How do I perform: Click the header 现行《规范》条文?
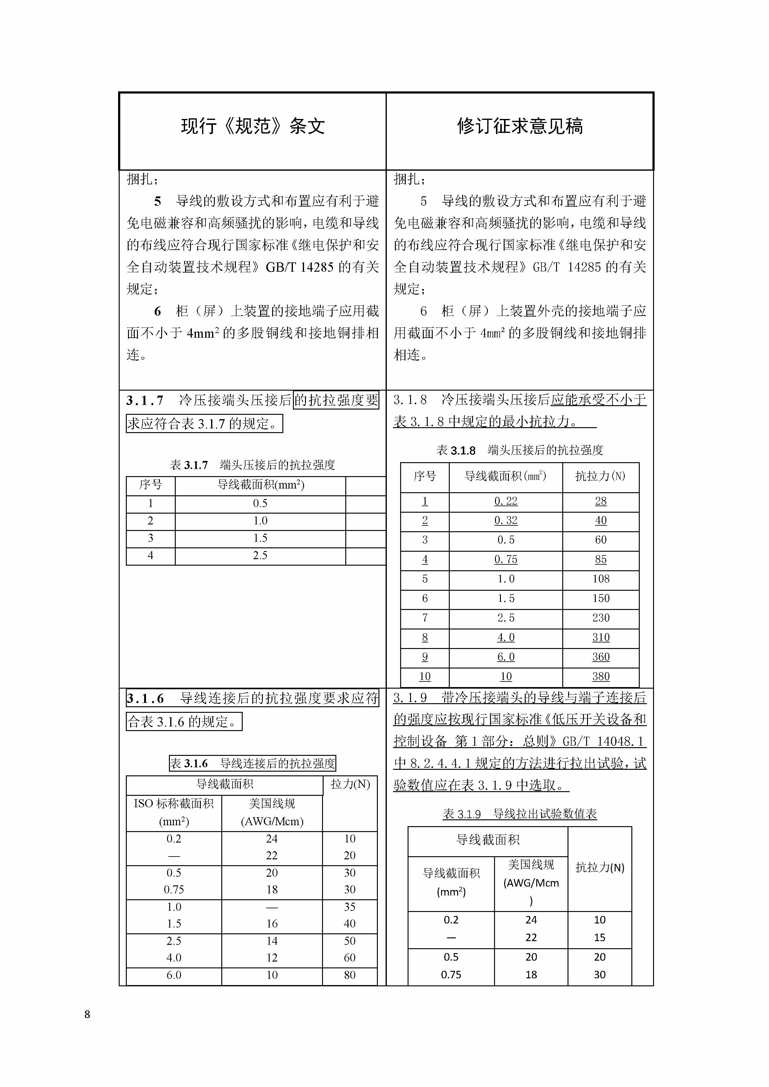(x=253, y=126)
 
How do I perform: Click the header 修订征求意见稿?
(x=520, y=126)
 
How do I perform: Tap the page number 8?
(x=87, y=1014)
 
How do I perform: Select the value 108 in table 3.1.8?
(x=600, y=579)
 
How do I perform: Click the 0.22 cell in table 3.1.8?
(x=506, y=501)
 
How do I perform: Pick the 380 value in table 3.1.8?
(x=600, y=676)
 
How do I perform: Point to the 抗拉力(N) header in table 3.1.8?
(x=600, y=476)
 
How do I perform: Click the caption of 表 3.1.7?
(x=253, y=465)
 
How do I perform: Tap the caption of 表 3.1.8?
(x=520, y=450)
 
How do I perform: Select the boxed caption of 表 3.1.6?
(x=253, y=763)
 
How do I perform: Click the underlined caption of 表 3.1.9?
(x=520, y=814)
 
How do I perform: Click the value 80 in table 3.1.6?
(x=350, y=975)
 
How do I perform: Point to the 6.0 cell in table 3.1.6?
(x=174, y=975)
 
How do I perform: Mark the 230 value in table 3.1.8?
(x=600, y=617)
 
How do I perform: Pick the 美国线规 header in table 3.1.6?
(x=272, y=804)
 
